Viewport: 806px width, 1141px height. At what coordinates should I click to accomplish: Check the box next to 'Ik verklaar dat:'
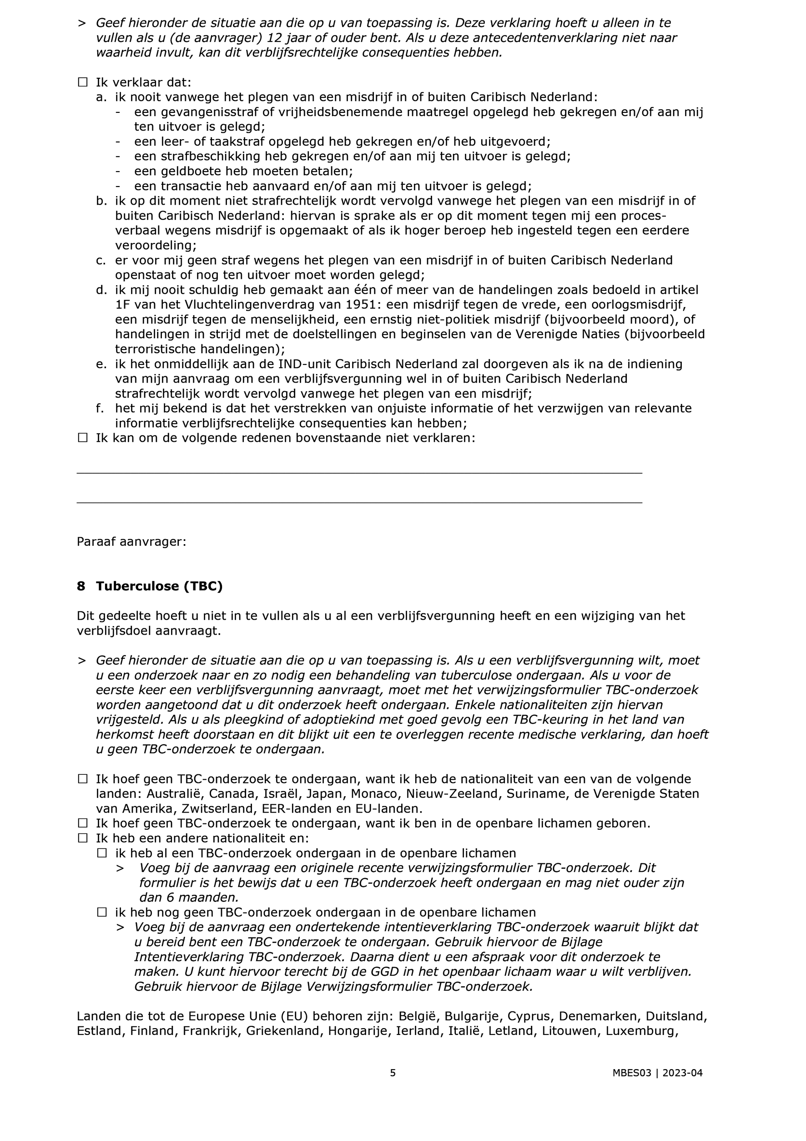tap(82, 82)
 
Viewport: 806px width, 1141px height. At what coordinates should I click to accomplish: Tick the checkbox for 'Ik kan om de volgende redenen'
tap(82, 438)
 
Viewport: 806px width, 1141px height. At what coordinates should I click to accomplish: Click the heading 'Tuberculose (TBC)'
tap(159, 586)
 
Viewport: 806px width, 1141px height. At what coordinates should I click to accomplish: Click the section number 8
tap(81, 586)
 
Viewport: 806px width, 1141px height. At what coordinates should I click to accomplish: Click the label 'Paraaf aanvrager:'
tap(131, 542)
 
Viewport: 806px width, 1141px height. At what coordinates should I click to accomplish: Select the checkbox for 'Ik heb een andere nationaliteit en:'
tap(82, 838)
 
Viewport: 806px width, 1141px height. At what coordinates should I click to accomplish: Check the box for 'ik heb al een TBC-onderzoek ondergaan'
tap(102, 853)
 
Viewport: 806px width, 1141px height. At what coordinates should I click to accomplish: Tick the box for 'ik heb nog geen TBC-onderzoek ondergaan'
tap(102, 913)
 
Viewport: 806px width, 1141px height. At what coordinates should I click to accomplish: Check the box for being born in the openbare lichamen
tap(82, 823)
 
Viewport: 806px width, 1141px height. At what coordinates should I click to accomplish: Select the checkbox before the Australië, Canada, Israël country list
tap(82, 779)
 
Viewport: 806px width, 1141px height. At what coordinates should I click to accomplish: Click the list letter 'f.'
tap(101, 408)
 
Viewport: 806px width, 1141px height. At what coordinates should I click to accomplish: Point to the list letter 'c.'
tap(101, 260)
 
